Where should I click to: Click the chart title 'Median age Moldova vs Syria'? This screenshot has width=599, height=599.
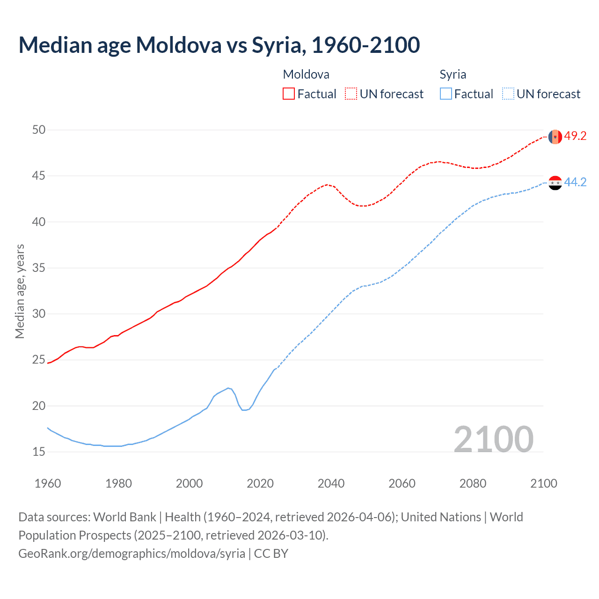219,45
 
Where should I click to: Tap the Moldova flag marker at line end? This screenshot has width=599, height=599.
555,137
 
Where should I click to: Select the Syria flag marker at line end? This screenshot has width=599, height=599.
555,183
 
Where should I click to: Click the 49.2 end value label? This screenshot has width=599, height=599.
575,136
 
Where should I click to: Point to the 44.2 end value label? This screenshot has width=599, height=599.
575,183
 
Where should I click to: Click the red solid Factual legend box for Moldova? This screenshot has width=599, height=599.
289,94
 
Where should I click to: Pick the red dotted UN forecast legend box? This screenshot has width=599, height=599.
351,94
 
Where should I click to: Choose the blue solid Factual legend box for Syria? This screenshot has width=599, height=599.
446,94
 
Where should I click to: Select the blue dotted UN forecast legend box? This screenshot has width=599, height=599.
508,94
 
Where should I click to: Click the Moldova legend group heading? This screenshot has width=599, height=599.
306,74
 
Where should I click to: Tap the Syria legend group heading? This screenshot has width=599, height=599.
453,74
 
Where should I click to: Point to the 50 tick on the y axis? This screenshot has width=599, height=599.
39,130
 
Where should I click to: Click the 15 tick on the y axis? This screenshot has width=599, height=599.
39,452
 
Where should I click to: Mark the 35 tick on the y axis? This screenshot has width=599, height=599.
39,268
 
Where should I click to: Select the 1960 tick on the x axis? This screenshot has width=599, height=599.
48,483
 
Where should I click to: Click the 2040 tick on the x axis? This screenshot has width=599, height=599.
331,483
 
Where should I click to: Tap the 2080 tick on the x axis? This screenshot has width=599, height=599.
473,483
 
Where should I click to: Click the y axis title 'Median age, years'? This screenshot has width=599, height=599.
20,291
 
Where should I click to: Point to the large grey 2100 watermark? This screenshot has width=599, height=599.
493,439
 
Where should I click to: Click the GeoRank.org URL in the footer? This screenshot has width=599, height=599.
131,554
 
